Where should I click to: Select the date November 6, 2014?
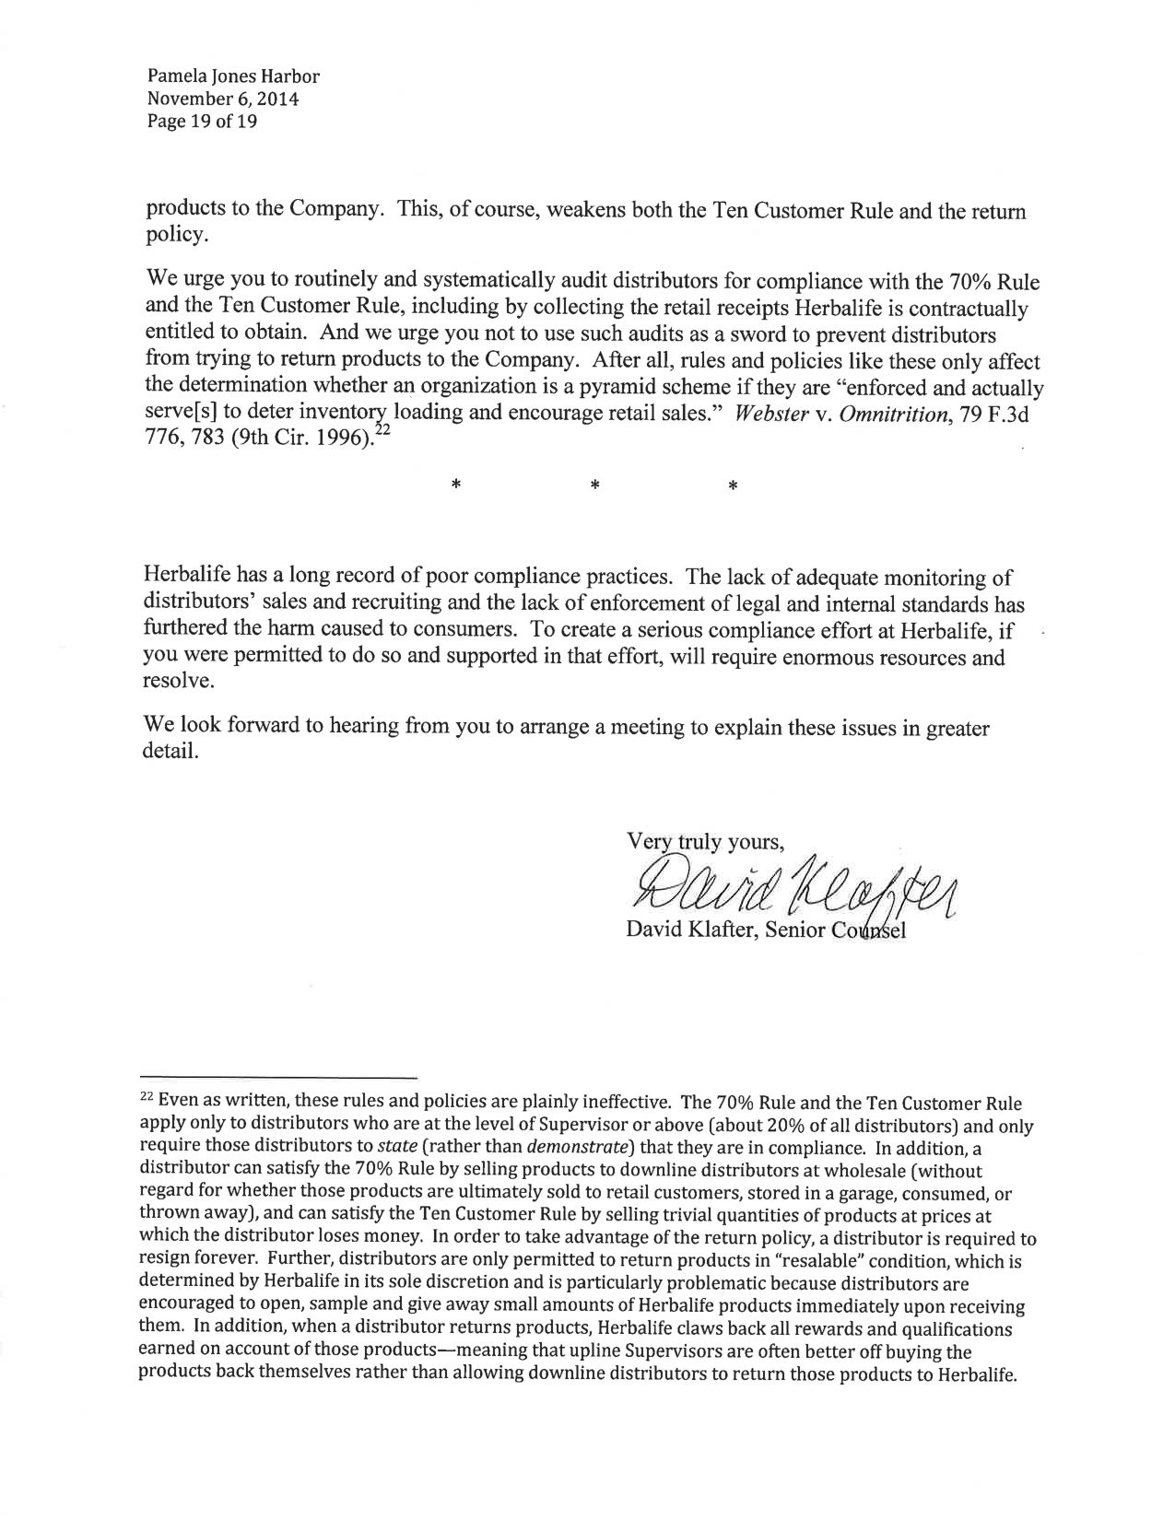tap(222, 99)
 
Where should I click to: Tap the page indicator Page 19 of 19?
tap(202, 121)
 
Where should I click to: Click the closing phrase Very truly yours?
tap(704, 841)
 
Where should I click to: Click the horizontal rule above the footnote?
tap(278, 1076)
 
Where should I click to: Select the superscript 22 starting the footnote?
tap(146, 1100)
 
